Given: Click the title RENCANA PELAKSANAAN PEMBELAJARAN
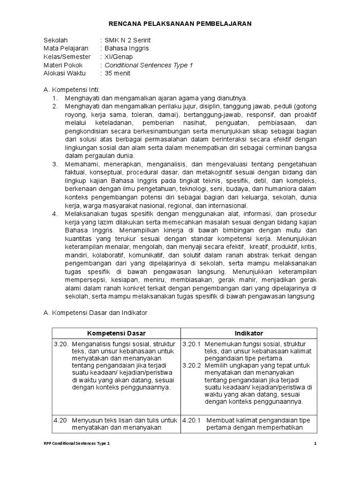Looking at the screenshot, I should point(180,23).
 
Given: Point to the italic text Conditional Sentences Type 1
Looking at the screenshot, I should point(149,65).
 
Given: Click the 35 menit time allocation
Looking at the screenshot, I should point(118,74).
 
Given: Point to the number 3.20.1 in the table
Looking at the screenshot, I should point(191,344).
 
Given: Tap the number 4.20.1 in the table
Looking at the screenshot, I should point(191,420).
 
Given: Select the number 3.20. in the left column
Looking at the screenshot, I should point(61,344).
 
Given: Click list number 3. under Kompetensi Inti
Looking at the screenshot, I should point(55,164).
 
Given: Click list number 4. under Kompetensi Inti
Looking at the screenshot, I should point(55,213).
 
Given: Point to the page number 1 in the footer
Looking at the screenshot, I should point(315,443).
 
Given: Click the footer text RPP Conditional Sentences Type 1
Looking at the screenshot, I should point(76,443).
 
